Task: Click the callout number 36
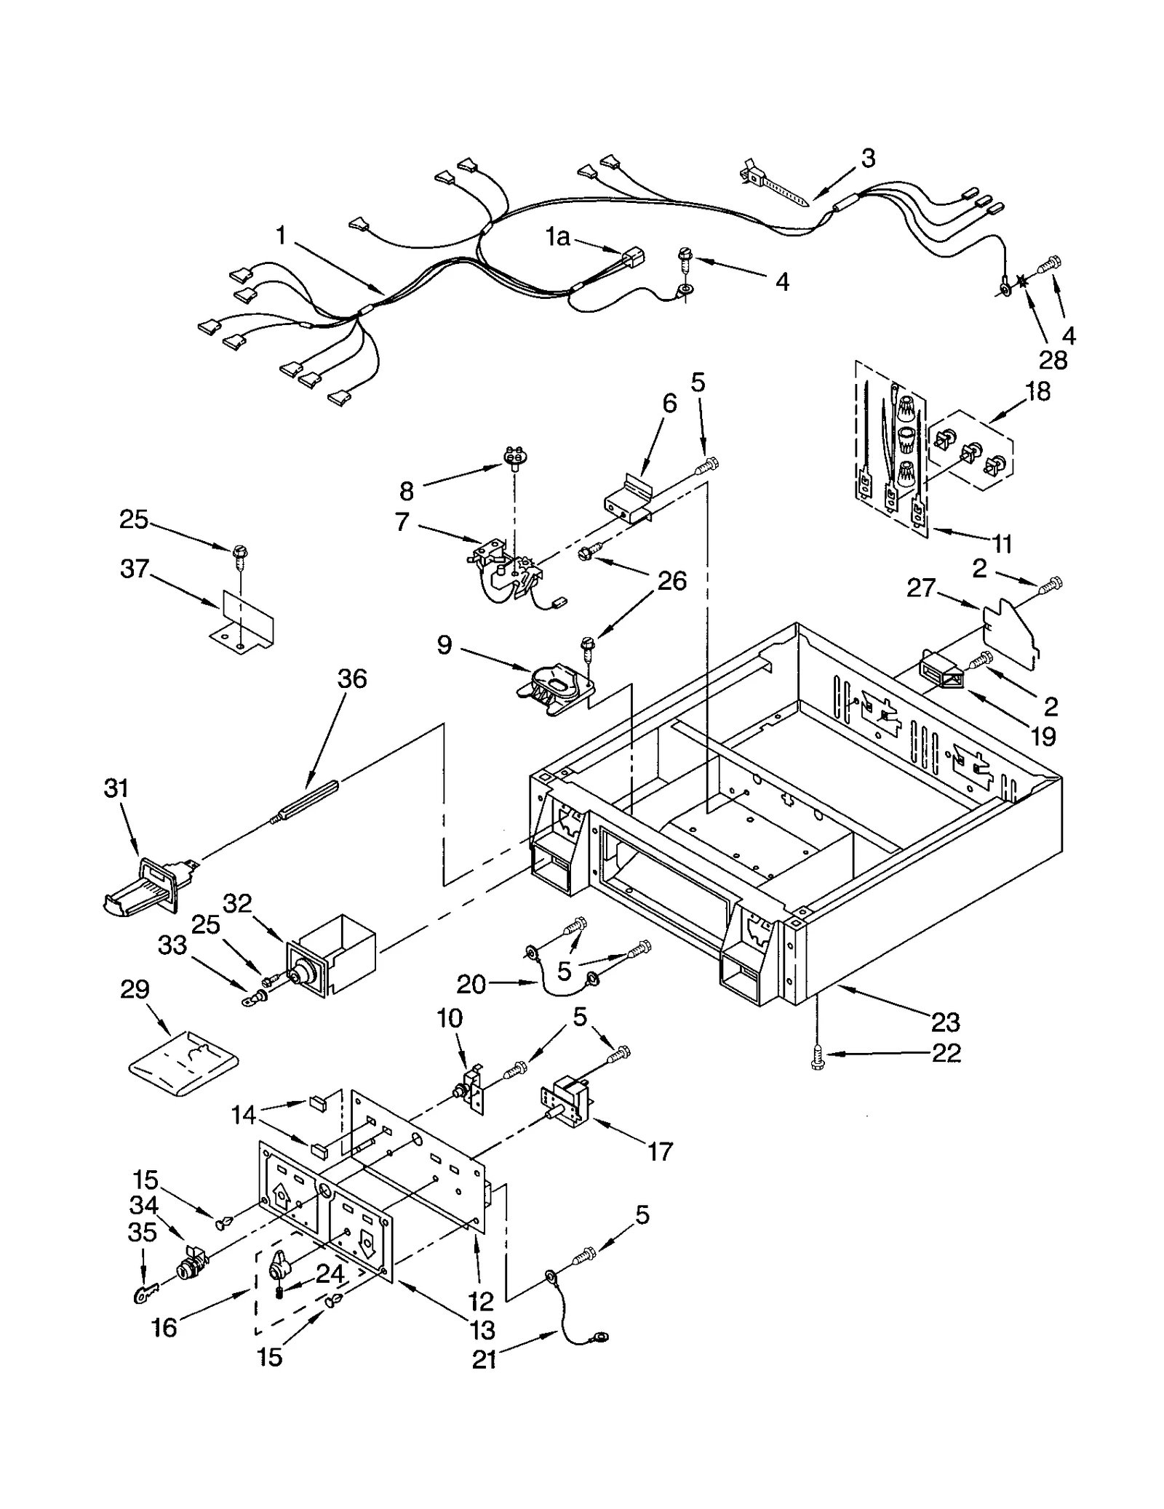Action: coord(352,679)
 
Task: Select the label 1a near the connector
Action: coord(558,237)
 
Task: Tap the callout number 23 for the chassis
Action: coord(945,1022)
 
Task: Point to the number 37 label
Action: coord(135,568)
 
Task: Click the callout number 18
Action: coord(1037,391)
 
